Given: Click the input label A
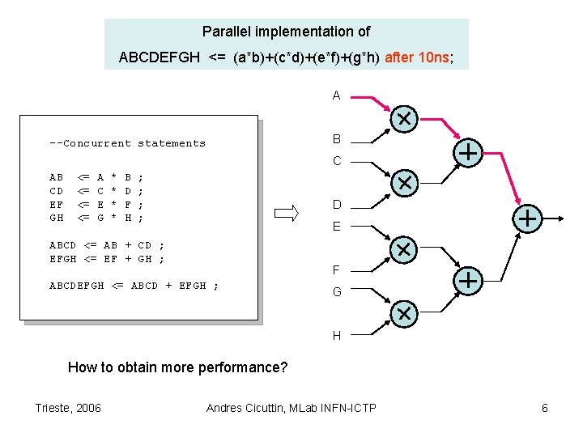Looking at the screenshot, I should [336, 96].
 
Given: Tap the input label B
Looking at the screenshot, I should [337, 139].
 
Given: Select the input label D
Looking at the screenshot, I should [337, 205].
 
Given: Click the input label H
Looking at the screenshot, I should [337, 336].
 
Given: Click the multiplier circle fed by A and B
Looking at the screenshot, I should [403, 119].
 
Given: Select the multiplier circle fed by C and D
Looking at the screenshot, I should [403, 181].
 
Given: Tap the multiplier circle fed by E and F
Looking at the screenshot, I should [403, 248].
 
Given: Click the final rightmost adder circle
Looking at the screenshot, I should [527, 217].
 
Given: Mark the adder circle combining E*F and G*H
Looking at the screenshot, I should [467, 280].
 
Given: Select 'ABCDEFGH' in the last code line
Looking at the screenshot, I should [76, 286].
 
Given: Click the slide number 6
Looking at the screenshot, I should [545, 408].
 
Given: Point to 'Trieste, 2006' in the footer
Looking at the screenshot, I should [68, 408].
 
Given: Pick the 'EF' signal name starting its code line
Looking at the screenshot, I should [57, 205].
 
